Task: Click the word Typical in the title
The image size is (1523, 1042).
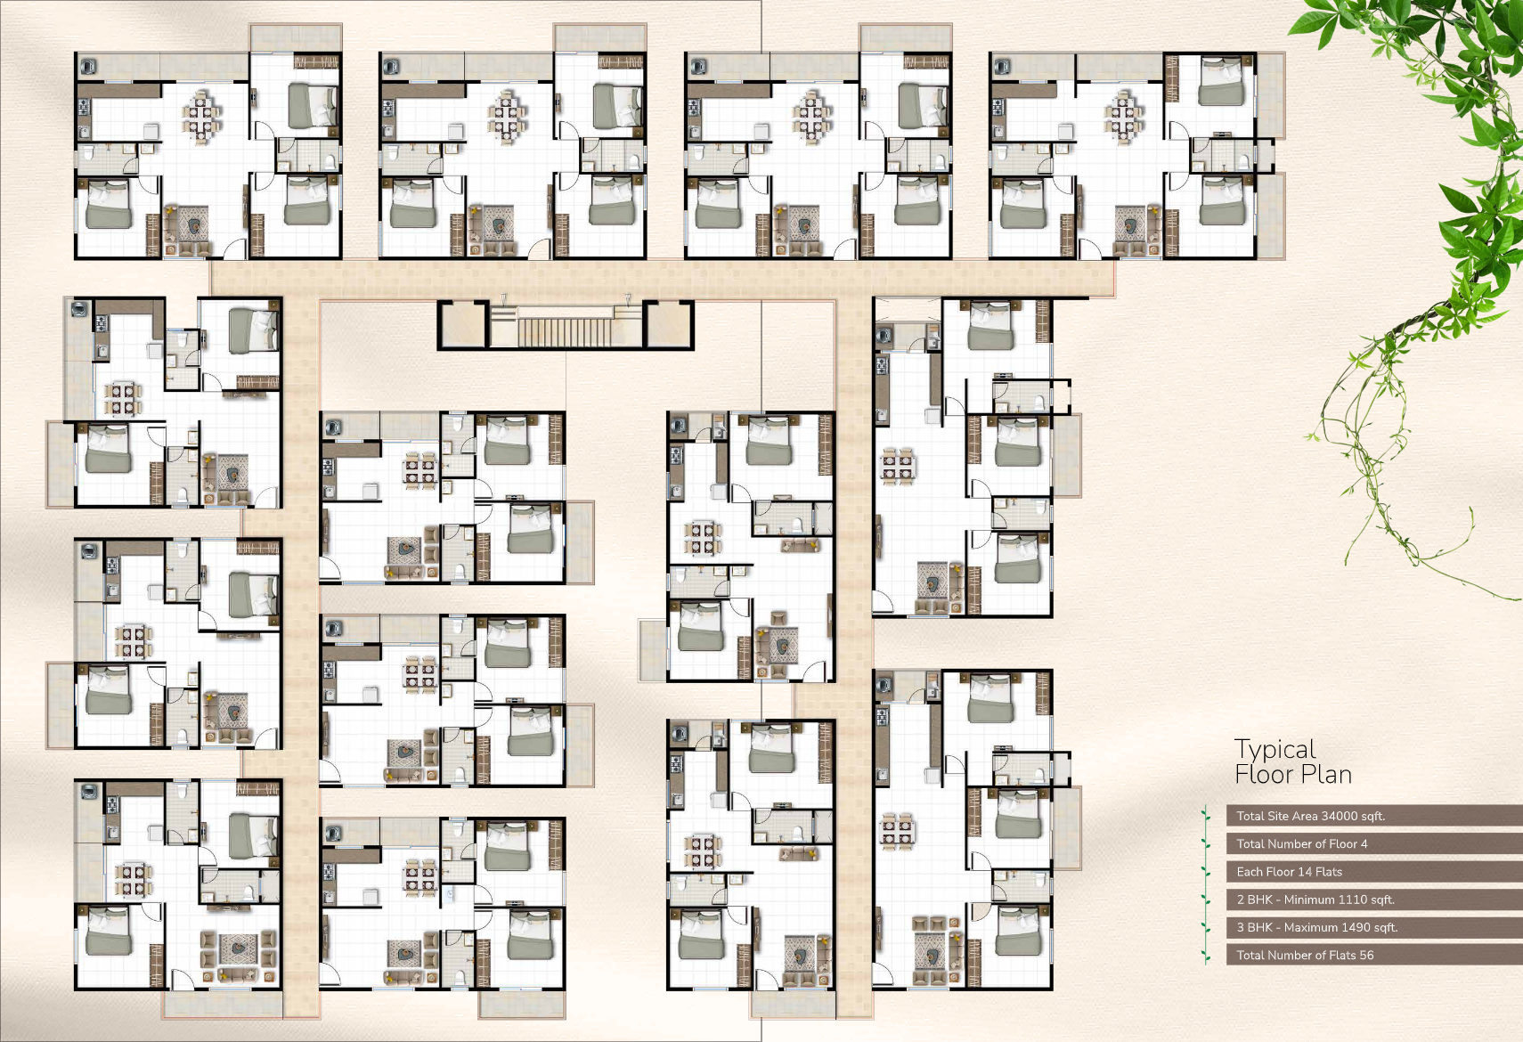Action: [1275, 750]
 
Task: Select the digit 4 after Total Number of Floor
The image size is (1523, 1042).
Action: [1364, 843]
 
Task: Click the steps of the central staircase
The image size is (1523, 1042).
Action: [565, 332]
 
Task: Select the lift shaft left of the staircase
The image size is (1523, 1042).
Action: [463, 325]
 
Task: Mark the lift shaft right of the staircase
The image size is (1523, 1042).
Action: [668, 325]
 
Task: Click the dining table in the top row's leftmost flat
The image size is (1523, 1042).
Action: [201, 117]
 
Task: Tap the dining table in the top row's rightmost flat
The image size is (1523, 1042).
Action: [1123, 117]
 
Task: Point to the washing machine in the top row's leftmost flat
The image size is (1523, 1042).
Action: [88, 67]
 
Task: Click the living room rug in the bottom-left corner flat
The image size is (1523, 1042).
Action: [237, 948]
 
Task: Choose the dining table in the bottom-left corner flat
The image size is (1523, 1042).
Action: [134, 880]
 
